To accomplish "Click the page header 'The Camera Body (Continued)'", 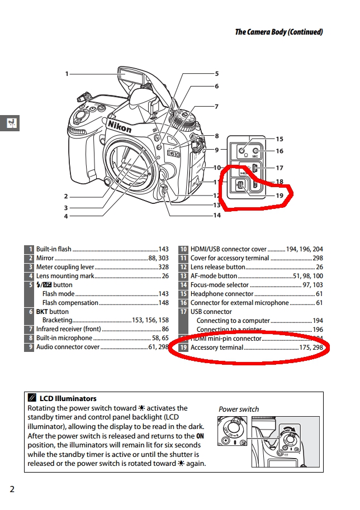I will click(278, 32).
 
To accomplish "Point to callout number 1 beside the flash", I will click(67, 74).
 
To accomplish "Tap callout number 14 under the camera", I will click(216, 215).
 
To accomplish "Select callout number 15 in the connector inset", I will click(280, 139).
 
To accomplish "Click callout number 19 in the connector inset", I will click(280, 196).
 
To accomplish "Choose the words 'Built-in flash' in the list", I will click(54, 249).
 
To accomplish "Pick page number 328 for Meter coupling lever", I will click(163, 267).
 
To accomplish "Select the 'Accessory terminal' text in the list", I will click(217, 347).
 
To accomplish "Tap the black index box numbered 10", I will click(183, 249).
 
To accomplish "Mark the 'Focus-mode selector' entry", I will click(220, 285).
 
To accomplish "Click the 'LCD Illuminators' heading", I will click(68, 398).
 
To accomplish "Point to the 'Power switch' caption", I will click(239, 409).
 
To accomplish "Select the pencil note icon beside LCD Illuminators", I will click(32, 398).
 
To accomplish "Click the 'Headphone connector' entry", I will click(222, 294).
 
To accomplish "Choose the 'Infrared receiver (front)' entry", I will click(69, 330).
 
